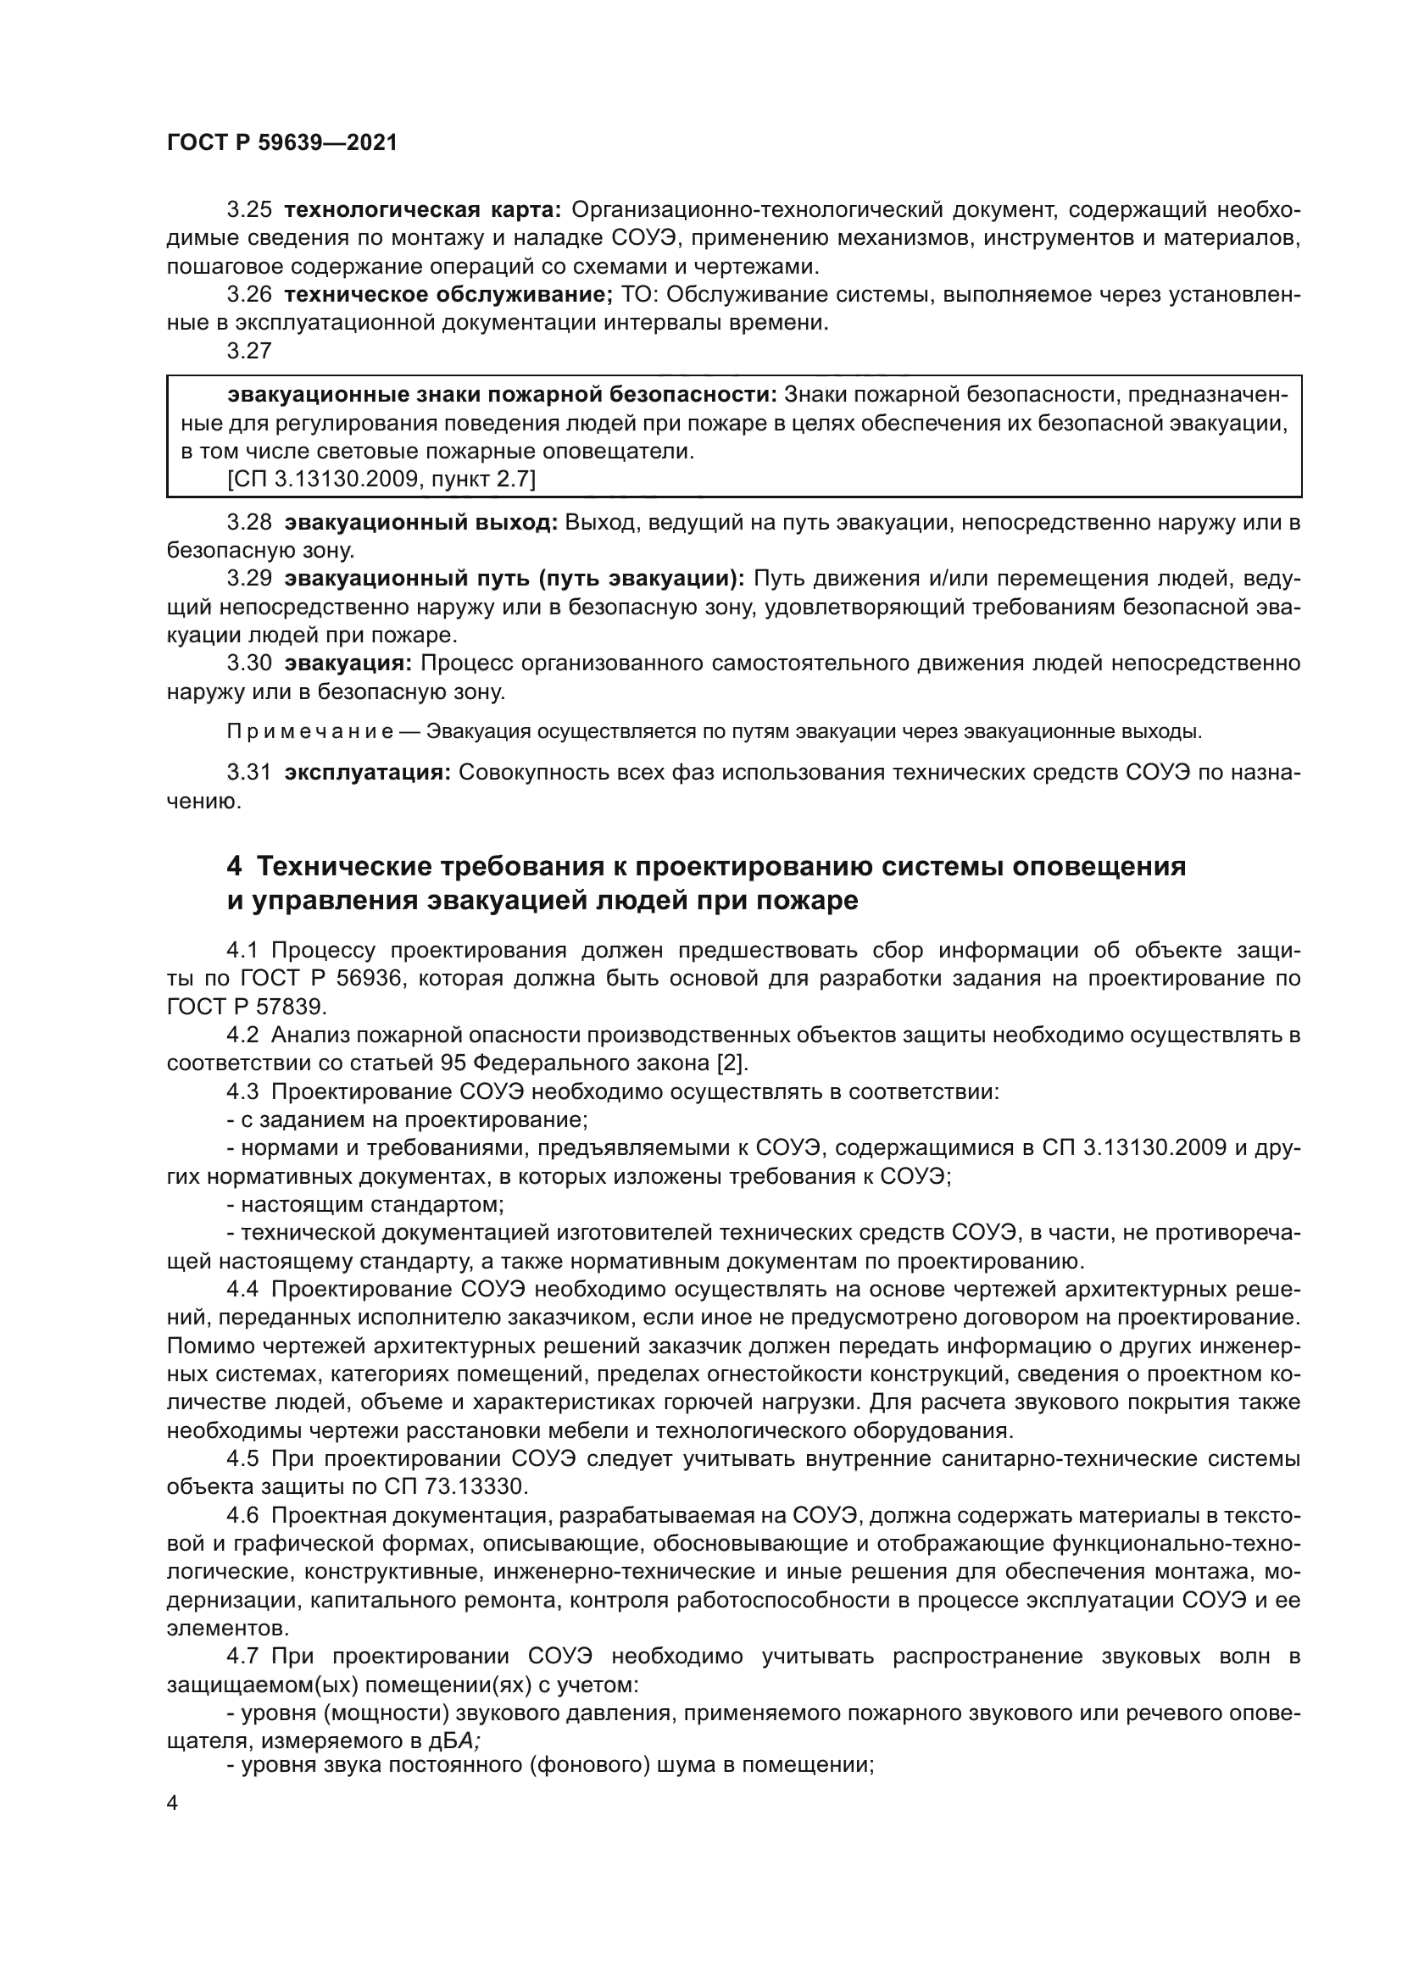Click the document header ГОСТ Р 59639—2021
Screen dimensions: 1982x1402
point(281,143)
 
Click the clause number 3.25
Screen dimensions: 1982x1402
point(248,210)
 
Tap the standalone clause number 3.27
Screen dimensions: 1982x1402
point(248,351)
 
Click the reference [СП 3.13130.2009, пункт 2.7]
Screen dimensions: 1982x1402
point(381,479)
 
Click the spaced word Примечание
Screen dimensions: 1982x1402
point(310,732)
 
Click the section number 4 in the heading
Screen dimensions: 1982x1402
point(233,866)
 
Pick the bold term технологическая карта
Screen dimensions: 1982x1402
point(423,210)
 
